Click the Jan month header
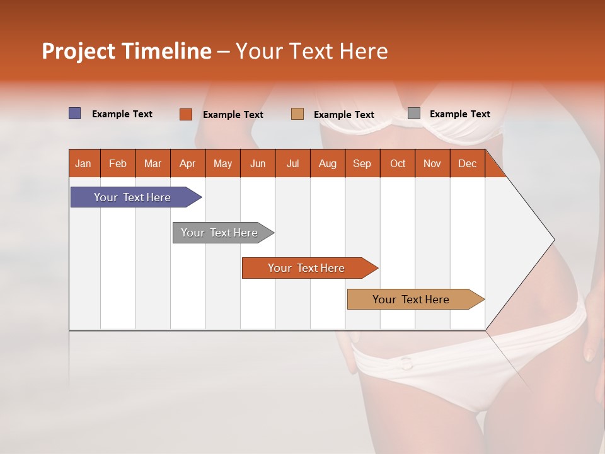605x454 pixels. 83,163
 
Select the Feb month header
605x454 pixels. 118,163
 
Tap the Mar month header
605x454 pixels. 153,163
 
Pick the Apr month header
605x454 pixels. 187,163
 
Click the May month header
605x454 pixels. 222,163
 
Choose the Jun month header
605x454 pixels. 258,163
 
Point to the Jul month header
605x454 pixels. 292,163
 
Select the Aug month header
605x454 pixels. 327,163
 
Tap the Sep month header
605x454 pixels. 362,163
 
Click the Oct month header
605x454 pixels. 398,163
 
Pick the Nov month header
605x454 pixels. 432,163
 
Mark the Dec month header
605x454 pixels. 467,163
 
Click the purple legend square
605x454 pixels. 75,113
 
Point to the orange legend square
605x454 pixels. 186,114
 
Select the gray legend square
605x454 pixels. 414,113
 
